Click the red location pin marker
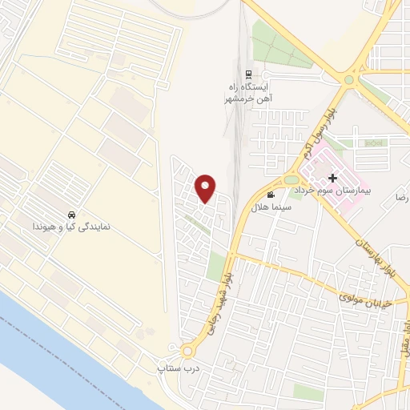click(206, 188)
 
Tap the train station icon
click(256, 72)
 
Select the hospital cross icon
click(332, 178)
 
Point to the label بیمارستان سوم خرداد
click(332, 193)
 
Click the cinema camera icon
click(271, 195)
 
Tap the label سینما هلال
click(269, 208)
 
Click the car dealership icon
click(72, 215)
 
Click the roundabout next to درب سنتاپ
click(189, 351)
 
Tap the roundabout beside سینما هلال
click(291, 180)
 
